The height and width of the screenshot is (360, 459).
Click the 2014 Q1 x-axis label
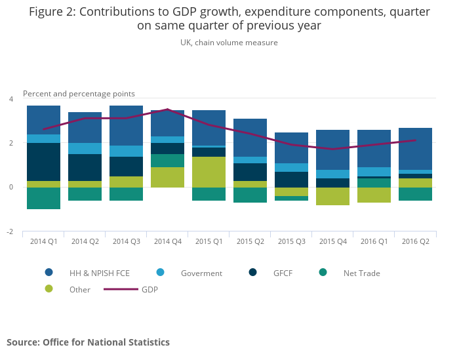(43, 241)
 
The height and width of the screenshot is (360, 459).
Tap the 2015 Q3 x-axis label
(292, 241)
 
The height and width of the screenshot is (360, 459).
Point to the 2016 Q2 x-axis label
(416, 241)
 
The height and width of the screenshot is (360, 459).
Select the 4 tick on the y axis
(10, 99)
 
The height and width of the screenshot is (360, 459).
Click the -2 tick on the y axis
(10, 232)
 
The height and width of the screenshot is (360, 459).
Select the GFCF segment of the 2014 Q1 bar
(43, 162)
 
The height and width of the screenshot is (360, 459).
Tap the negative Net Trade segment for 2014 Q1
(43, 198)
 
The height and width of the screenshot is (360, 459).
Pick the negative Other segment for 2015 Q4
(333, 196)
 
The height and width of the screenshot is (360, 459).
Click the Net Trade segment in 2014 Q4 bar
(167, 161)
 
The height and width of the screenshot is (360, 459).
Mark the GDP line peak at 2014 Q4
(167, 110)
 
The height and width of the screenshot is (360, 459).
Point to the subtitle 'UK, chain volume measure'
(229, 43)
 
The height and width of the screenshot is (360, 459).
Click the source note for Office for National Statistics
(88, 342)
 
